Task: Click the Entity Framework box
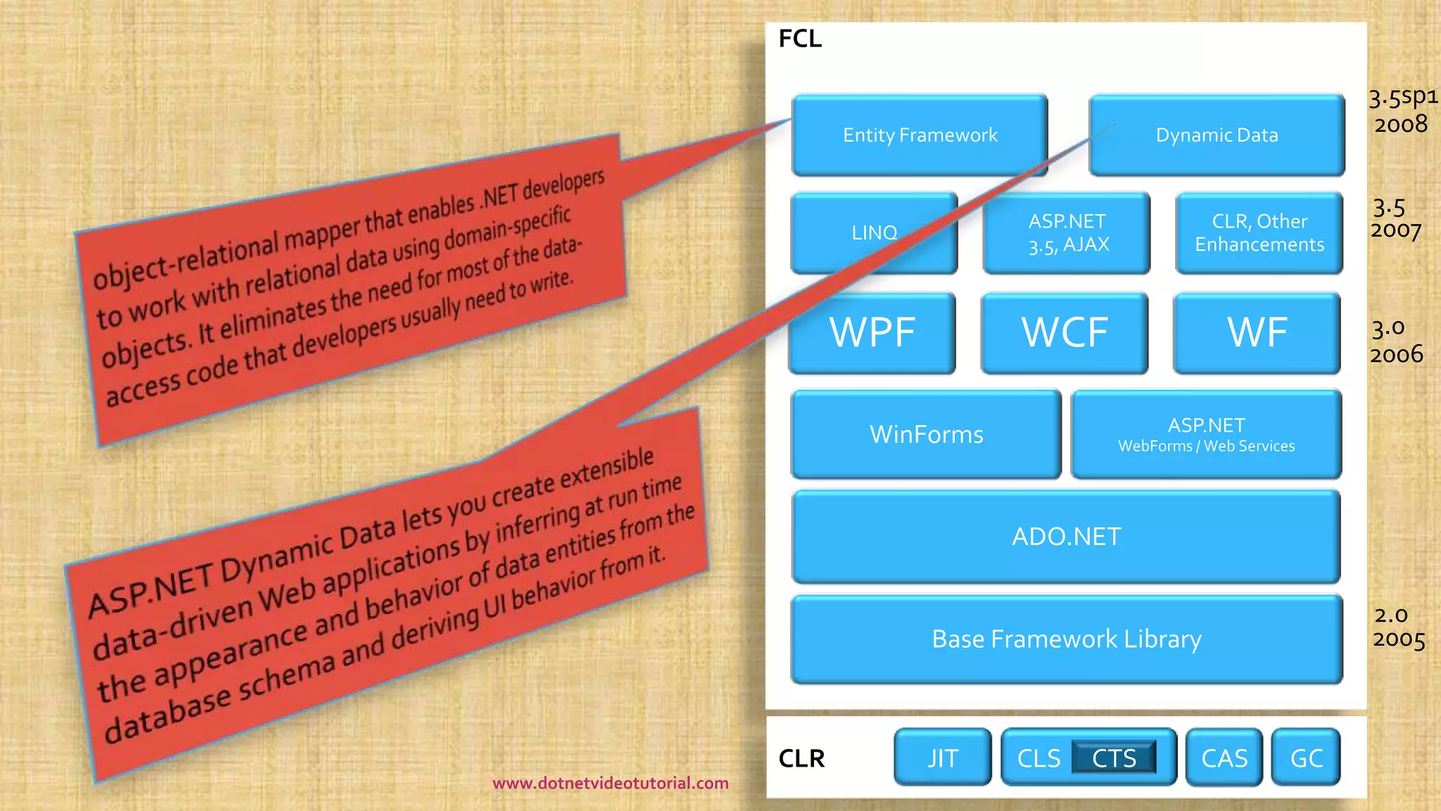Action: coord(920,134)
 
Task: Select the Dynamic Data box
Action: coord(1217,134)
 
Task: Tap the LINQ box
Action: coord(874,232)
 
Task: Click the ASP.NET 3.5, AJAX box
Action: coord(1067,232)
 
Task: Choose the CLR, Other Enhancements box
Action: coord(1259,232)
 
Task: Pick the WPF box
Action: coord(872,332)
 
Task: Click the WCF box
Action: coord(1065,332)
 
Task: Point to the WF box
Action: coord(1257,332)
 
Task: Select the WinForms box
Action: coord(926,434)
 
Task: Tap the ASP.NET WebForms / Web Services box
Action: coord(1206,434)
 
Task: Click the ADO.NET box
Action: coord(1066,536)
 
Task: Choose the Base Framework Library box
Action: coord(1067,639)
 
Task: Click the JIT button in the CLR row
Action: coord(943,757)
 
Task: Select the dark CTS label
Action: coord(1114,757)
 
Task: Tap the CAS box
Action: coord(1224,757)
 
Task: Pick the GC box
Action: coord(1306,757)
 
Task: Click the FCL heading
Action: coord(800,38)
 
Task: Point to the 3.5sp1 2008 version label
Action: coord(1402,111)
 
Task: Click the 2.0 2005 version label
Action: coord(1398,627)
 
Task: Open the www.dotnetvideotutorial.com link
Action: coord(610,783)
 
